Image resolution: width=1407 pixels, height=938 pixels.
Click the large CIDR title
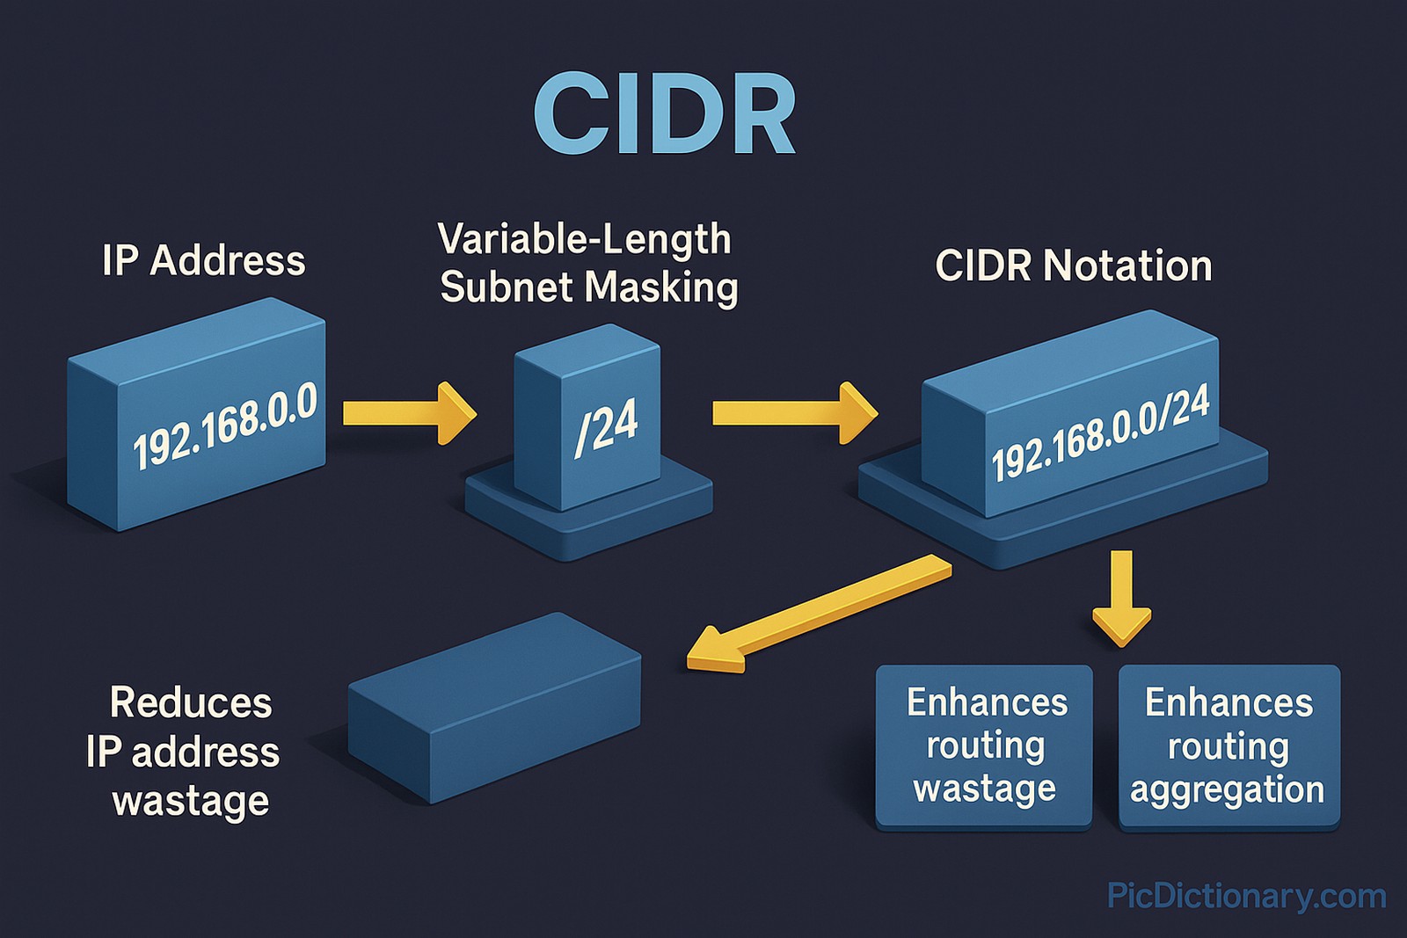(x=664, y=114)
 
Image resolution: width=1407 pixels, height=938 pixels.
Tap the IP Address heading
(x=203, y=261)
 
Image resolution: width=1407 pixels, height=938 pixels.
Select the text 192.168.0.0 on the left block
(x=224, y=425)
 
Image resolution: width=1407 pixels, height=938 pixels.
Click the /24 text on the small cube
(x=606, y=426)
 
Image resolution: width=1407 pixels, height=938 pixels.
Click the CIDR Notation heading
(x=1073, y=265)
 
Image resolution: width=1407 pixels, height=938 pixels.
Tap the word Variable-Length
(x=584, y=239)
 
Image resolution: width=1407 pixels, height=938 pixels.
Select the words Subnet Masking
(x=588, y=287)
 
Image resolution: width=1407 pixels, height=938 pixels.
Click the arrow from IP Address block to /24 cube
(x=409, y=412)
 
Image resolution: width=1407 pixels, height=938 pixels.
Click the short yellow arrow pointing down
(x=1121, y=598)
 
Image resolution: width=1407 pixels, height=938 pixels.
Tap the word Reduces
(x=191, y=702)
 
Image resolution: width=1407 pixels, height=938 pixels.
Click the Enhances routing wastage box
(x=984, y=745)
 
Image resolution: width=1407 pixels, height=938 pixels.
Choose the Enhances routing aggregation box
(x=1228, y=745)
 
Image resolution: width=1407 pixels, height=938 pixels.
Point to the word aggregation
(x=1228, y=789)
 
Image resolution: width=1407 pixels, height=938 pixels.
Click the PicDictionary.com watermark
(x=1246, y=896)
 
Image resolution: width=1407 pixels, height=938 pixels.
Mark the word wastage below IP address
(x=191, y=801)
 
